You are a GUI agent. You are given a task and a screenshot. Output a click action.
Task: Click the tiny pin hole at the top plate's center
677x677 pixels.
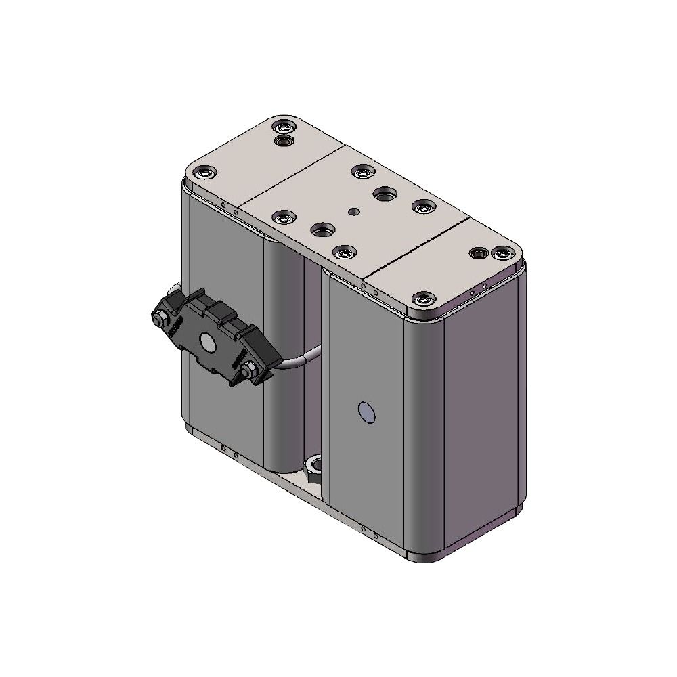353,211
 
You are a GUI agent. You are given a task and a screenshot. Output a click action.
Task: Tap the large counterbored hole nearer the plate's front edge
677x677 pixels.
320,229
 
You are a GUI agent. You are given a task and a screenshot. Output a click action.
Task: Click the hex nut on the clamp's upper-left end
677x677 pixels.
162,319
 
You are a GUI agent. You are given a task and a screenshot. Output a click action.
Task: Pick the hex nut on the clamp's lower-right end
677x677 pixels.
248,370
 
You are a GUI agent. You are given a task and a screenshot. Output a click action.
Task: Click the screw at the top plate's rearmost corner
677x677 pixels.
284,127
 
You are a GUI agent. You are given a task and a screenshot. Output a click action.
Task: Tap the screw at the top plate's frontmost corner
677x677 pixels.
424,298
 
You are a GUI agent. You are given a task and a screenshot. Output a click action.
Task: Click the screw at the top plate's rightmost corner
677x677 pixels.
502,253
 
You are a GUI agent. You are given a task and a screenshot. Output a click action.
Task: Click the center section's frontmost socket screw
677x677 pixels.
345,253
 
